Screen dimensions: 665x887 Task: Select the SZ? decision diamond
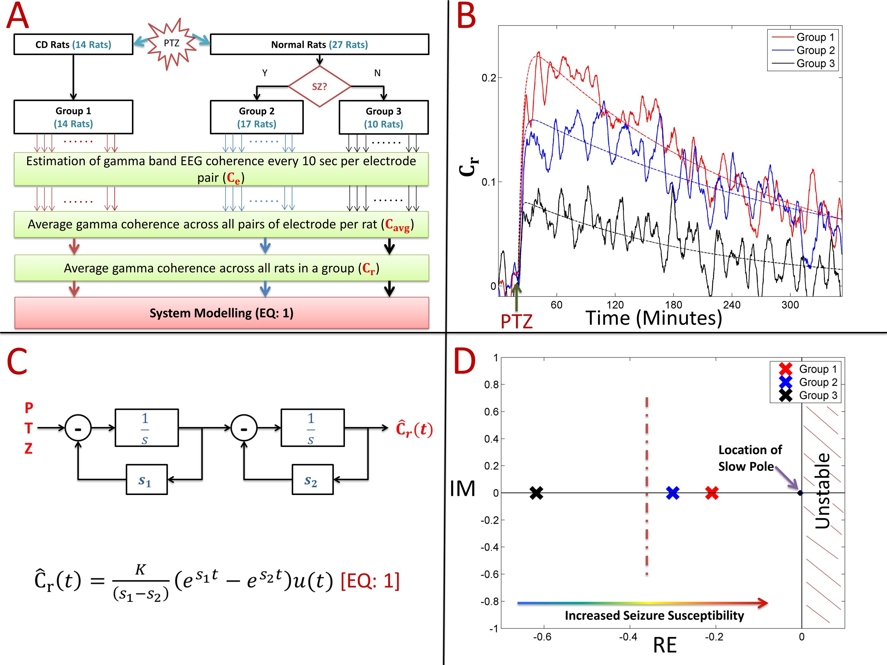[320, 87]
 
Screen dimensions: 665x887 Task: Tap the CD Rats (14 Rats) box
[73, 44]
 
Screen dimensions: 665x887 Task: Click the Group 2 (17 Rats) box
[257, 117]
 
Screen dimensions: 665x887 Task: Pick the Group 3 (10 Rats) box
[383, 117]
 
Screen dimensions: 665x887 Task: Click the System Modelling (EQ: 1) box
[221, 313]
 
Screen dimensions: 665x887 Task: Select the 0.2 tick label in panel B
[489, 78]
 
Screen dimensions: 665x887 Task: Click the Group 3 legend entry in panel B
[815, 63]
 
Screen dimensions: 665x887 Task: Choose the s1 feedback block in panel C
[146, 480]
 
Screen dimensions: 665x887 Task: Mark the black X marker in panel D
[536, 493]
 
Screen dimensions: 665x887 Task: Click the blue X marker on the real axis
[672, 493]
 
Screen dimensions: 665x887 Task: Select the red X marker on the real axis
[712, 493]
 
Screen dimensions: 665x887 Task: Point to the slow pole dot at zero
[800, 493]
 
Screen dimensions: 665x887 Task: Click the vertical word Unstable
[823, 491]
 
